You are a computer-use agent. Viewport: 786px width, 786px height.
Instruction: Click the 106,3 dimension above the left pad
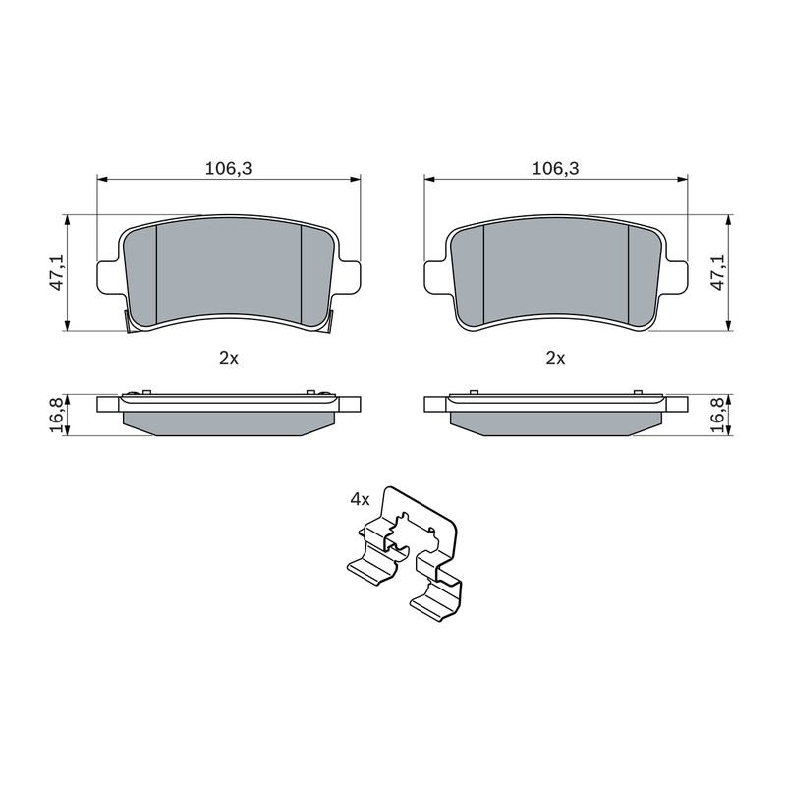(228, 169)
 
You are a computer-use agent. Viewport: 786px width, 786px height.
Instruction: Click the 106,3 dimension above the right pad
(555, 169)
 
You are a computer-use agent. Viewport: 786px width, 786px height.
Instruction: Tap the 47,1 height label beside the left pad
(58, 273)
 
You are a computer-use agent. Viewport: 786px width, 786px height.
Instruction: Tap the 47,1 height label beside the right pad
(719, 273)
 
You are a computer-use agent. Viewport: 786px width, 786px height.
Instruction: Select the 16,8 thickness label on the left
(58, 415)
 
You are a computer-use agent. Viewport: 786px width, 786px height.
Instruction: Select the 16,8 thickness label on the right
(719, 415)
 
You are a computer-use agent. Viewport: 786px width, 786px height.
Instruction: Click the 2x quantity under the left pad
(229, 358)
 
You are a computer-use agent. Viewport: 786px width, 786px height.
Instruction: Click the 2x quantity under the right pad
(555, 358)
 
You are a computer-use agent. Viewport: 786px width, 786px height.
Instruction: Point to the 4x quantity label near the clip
(360, 499)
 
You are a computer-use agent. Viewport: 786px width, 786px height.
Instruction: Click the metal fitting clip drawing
(405, 554)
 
